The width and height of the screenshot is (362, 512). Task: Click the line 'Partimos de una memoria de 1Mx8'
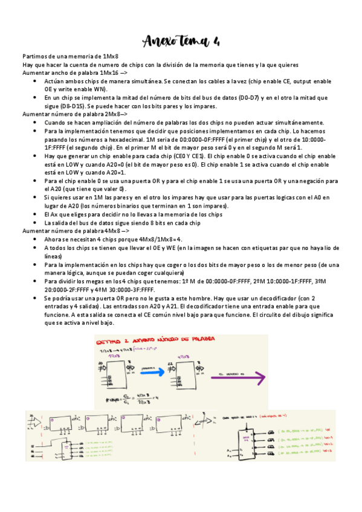[x=70, y=56]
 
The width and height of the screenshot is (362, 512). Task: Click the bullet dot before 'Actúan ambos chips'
[x=37, y=81]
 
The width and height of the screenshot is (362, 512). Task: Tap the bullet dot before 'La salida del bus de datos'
[x=37, y=223]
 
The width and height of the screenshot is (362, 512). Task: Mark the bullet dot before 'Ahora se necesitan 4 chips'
[x=37, y=239]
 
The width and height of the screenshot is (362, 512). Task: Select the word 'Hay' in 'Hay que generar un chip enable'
[x=50, y=155]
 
